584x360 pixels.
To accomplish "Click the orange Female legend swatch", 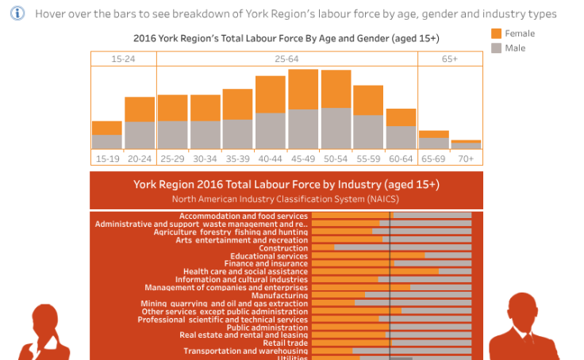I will pos(497,33).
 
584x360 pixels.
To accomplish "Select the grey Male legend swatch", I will pos(497,48).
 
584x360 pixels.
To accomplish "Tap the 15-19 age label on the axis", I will pos(107,159).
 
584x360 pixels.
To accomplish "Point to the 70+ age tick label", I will pos(466,159).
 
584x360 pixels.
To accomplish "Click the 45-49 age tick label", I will pos(303,159).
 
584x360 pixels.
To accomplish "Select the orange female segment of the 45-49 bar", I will pos(303,89).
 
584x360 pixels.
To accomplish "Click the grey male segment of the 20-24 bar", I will pos(140,135).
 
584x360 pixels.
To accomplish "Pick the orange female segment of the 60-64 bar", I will pos(401,117).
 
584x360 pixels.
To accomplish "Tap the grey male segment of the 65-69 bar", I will pos(433,144).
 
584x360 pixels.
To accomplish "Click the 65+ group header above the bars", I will pos(449,59).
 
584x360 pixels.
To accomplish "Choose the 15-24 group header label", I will pos(123,59).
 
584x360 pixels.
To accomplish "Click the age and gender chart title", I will pos(286,38).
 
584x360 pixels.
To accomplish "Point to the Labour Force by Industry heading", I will pos(286,184).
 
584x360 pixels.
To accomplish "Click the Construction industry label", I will pos(283,248).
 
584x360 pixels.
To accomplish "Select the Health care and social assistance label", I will pos(245,271).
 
